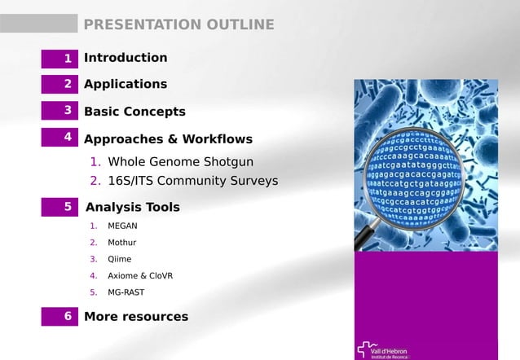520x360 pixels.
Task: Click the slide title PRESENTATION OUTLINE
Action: tap(178, 24)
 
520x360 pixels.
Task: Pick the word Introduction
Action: tap(126, 58)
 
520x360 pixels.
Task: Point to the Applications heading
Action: tap(126, 84)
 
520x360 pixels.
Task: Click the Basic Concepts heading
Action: tap(134, 112)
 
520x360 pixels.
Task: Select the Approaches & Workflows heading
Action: tap(168, 139)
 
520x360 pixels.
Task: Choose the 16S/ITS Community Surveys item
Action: tap(192, 180)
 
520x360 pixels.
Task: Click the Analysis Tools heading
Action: tap(132, 207)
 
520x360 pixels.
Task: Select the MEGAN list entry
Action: tap(122, 226)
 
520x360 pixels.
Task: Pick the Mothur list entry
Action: tap(121, 243)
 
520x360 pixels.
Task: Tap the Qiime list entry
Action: tap(119, 259)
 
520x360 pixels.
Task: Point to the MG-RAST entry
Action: tap(126, 292)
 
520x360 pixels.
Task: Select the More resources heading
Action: tap(136, 316)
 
